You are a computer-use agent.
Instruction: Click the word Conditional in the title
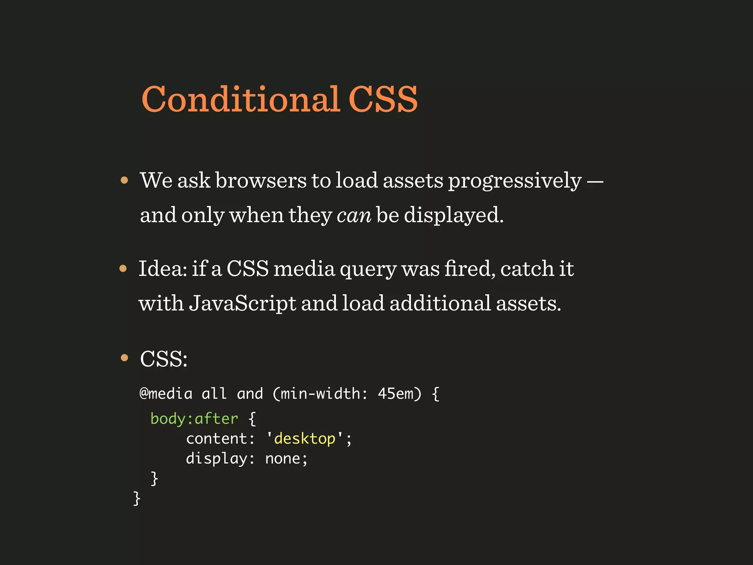tap(240, 99)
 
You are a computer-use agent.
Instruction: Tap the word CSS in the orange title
tap(383, 99)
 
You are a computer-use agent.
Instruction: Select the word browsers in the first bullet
tap(261, 181)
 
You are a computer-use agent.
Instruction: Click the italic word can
tap(354, 215)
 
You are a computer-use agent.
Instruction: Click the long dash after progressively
tap(595, 181)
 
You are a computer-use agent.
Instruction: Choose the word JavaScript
tap(243, 303)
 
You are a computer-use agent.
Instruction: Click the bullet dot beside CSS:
tap(124, 358)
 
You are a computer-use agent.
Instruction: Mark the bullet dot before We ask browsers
tap(124, 180)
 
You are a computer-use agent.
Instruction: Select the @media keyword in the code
tap(166, 394)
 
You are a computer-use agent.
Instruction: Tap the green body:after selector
tap(194, 419)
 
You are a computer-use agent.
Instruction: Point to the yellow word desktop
tap(305, 439)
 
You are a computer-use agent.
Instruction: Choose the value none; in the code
tap(286, 459)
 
